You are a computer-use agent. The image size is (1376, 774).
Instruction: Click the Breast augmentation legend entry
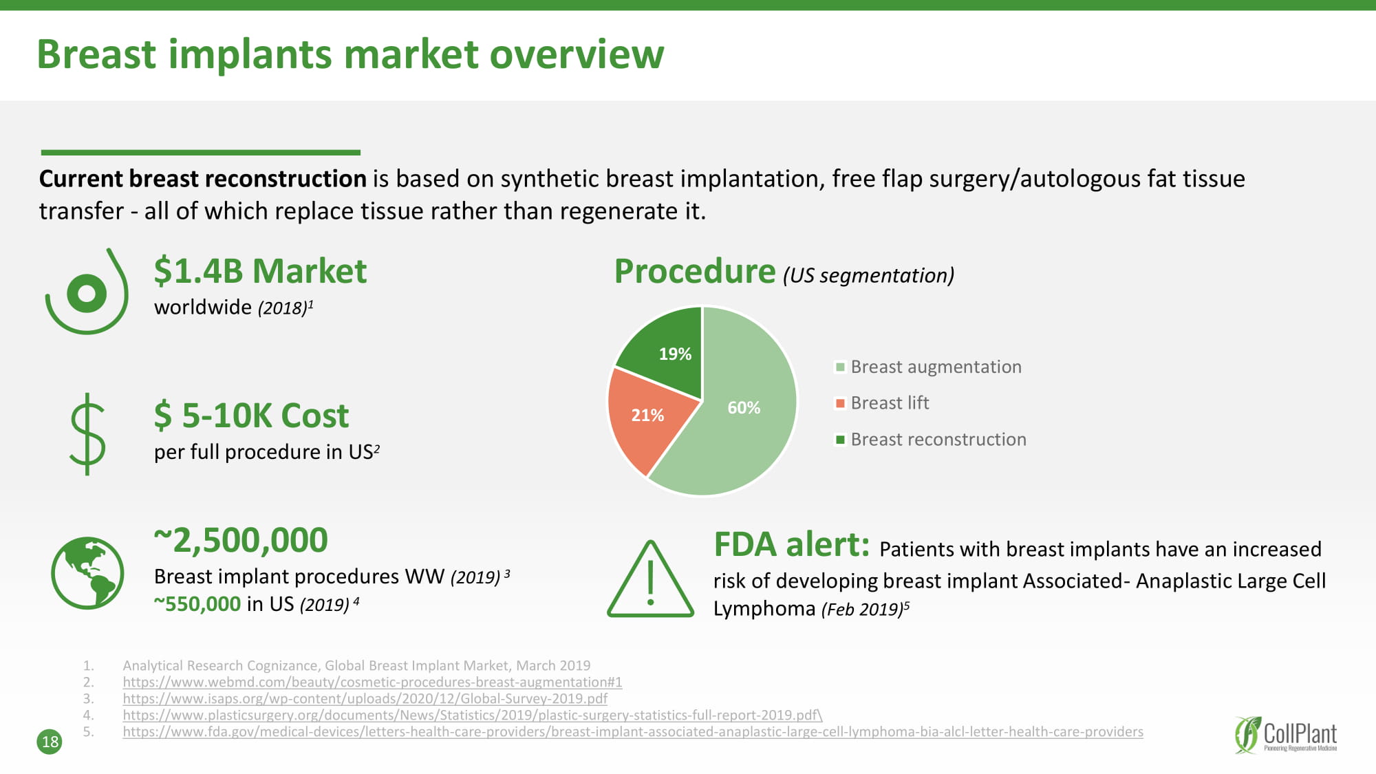(x=928, y=367)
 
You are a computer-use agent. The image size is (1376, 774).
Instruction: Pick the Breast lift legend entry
(x=882, y=402)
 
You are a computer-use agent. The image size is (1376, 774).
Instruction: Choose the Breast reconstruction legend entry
(x=930, y=439)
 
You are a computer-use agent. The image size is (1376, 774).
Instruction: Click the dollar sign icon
(x=87, y=433)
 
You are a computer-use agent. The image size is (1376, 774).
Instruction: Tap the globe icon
(x=87, y=572)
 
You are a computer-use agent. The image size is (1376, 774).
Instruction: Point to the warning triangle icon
(x=650, y=579)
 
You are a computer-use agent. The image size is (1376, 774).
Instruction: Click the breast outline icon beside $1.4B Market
(x=87, y=292)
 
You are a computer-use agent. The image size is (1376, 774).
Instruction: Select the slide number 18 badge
(x=50, y=742)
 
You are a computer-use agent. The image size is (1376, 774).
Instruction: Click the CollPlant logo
(x=1285, y=735)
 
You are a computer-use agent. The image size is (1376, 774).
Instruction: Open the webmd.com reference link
(x=372, y=682)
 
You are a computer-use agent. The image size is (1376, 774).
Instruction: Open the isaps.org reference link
(x=365, y=698)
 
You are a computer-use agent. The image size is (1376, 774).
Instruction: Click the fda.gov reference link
(x=633, y=731)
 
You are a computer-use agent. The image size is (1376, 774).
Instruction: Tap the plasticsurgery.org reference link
(x=473, y=715)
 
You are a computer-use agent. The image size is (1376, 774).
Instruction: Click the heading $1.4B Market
(x=260, y=270)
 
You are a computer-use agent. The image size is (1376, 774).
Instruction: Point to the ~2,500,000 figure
(x=241, y=540)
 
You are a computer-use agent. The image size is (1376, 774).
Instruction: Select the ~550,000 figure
(x=197, y=604)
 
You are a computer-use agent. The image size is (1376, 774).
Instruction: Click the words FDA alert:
(x=792, y=544)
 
